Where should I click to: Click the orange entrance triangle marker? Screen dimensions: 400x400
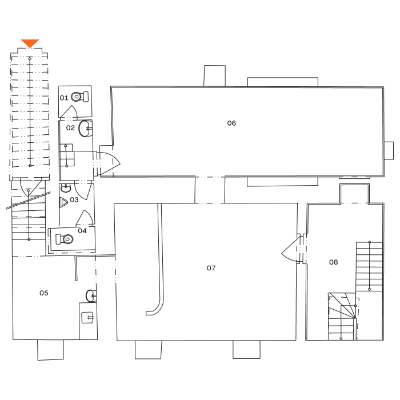[x=30, y=43]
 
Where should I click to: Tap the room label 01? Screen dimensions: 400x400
[x=64, y=98]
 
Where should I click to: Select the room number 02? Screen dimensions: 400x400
[x=70, y=128]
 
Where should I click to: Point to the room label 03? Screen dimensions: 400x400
[x=74, y=200]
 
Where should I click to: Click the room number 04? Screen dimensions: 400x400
[x=82, y=231]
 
